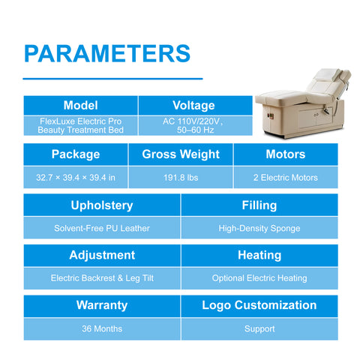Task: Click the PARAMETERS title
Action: click(107, 53)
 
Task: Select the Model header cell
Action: click(80, 105)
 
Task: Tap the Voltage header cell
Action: click(195, 105)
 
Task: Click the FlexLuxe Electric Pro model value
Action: click(80, 126)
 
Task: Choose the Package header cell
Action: click(76, 154)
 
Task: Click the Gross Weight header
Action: click(181, 154)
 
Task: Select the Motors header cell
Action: click(286, 154)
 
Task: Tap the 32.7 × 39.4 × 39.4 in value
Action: click(76, 178)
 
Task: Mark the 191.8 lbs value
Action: click(181, 178)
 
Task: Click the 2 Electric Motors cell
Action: click(286, 178)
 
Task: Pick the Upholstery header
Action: click(102, 205)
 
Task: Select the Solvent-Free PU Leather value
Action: click(102, 228)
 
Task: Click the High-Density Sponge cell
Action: click(259, 227)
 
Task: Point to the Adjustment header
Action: click(102, 255)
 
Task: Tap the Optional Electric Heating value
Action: click(259, 278)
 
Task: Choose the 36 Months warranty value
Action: click(102, 328)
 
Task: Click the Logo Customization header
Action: click(259, 305)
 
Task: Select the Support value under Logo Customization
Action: click(259, 328)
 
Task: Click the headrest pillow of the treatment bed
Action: click(326, 75)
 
